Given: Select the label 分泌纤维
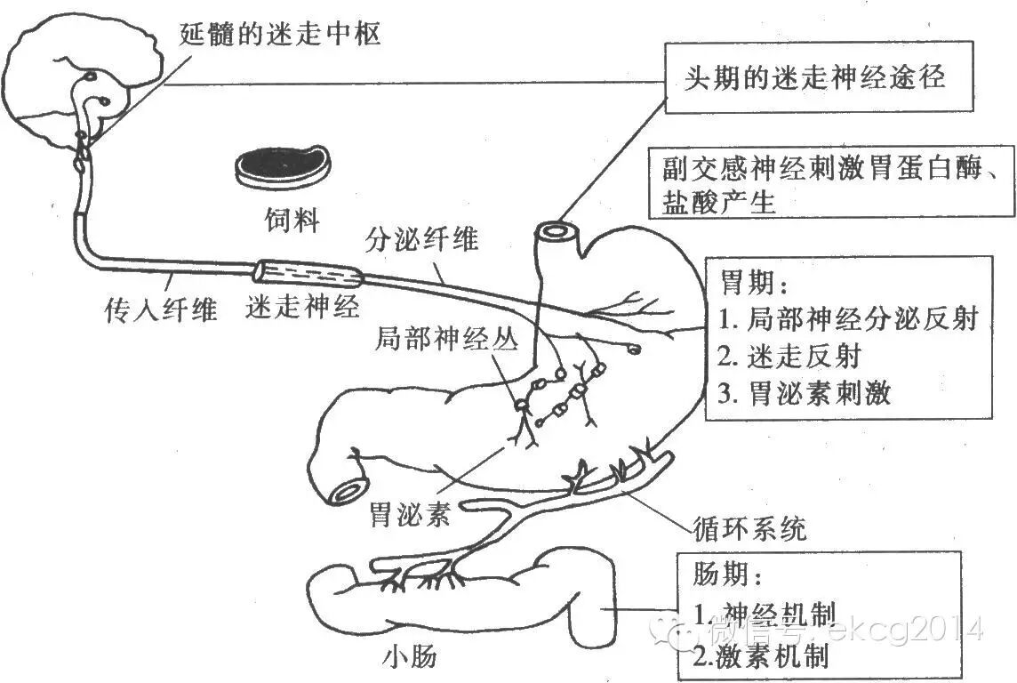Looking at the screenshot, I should pyautogui.click(x=422, y=239).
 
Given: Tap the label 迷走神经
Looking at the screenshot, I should pyautogui.click(x=303, y=307).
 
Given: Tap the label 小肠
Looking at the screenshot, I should pyautogui.click(x=410, y=657).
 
